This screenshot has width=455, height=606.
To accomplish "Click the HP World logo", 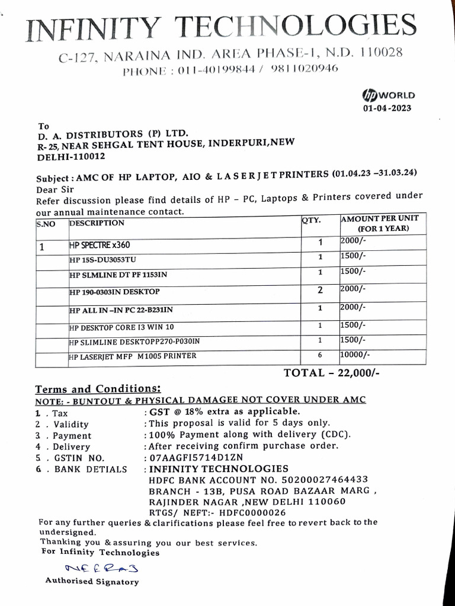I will pos(388,95).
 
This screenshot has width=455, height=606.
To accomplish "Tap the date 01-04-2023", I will pos(387,108).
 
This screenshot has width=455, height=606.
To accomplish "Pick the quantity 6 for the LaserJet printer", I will pos(319,356).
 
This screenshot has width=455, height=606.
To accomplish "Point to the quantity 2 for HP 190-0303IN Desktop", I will pos(320,290).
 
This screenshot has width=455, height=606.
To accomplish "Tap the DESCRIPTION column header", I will pos(97,223).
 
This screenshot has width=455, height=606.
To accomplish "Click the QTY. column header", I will pos(312,220).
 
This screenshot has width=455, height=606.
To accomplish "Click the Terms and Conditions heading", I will pos(98,389).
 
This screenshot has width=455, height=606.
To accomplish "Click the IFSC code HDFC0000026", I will pos(252,512).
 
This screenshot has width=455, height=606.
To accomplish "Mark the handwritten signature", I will pos(93,569).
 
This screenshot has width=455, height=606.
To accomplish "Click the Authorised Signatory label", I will pos(92,582).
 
